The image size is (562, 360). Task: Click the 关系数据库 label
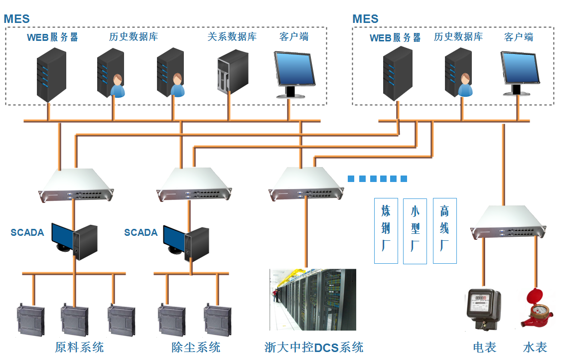click(232, 36)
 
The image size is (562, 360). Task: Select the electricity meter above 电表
click(483, 309)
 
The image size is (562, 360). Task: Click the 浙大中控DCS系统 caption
click(314, 347)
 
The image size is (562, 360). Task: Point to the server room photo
click(313, 299)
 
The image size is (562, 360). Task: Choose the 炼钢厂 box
click(386, 230)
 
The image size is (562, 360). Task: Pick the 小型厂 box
click(415, 230)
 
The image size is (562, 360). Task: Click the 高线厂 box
click(444, 230)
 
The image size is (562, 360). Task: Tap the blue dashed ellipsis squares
click(377, 179)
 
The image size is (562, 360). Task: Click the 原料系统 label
click(80, 347)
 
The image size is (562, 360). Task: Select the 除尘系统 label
click(196, 347)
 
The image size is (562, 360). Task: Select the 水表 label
click(535, 347)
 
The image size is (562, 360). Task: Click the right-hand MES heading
click(365, 19)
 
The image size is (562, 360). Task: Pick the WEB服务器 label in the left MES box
click(52, 37)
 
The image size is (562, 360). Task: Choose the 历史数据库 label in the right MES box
click(458, 37)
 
